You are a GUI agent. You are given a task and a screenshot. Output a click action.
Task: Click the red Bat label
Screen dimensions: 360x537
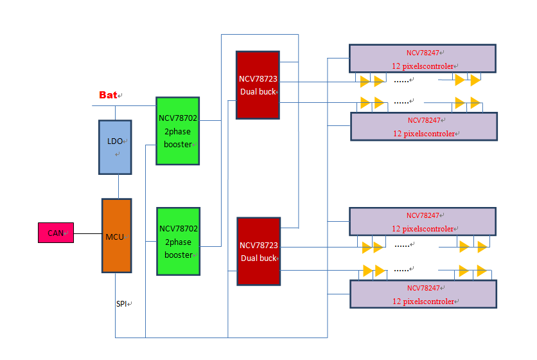click(108, 95)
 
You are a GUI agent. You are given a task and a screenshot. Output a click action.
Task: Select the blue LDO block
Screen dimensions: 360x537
click(115, 147)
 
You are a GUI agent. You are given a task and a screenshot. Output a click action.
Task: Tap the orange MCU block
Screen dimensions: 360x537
click(116, 236)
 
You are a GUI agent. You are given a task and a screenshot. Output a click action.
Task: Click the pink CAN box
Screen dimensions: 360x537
click(56, 233)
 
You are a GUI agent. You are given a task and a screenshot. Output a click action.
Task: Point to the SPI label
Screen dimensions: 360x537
click(122, 303)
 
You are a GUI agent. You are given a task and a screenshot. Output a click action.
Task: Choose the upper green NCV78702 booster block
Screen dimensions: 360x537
click(177, 130)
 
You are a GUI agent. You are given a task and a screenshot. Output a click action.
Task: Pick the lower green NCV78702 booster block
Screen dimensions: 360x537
click(177, 241)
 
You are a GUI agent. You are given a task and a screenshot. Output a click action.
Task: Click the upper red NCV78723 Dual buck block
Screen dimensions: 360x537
click(258, 85)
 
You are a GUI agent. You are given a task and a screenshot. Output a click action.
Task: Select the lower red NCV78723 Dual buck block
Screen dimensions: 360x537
click(258, 251)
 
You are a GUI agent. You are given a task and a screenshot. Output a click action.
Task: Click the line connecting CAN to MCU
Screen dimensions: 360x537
click(88, 233)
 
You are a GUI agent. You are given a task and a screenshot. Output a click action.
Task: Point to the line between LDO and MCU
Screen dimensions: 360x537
click(119, 186)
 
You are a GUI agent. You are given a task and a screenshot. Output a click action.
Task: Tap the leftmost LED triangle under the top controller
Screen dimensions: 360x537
click(365, 81)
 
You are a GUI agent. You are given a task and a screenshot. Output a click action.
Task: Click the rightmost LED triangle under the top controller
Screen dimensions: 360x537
click(475, 80)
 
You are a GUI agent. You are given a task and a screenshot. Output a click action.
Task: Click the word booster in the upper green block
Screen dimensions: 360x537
click(178, 144)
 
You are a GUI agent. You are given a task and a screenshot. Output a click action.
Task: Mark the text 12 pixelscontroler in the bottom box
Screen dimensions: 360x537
click(423, 301)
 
